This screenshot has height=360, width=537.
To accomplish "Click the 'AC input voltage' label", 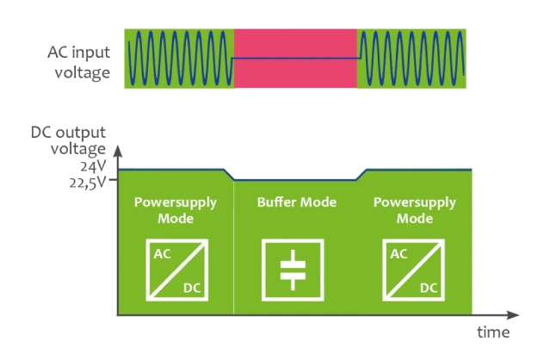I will click(x=78, y=63).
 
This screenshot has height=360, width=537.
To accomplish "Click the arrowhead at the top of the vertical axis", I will click(x=118, y=151).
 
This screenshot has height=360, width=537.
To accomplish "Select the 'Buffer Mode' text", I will click(x=296, y=202).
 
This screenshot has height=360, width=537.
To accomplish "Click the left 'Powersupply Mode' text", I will click(x=176, y=210).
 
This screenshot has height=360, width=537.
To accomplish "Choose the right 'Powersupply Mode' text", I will click(x=415, y=210).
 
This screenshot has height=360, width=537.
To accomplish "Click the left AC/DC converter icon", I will click(x=176, y=270).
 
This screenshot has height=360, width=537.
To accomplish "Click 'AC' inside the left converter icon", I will click(x=161, y=255).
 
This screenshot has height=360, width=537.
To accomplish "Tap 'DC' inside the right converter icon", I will click(x=429, y=286).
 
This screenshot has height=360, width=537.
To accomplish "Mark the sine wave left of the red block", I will click(x=179, y=58).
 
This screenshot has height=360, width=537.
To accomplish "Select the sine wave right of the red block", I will click(x=411, y=58).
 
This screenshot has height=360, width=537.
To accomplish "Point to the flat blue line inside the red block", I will click(x=295, y=58).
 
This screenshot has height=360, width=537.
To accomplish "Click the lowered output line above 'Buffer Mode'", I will click(x=295, y=181).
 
